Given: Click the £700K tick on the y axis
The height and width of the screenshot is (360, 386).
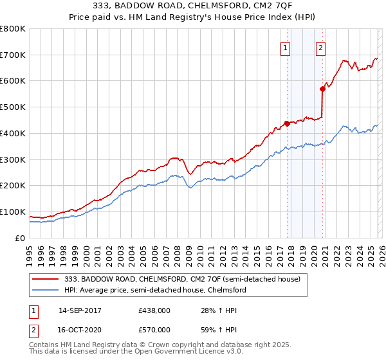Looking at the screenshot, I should pos(13,55).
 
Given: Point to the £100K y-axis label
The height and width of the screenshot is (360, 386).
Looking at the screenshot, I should pos(13,212).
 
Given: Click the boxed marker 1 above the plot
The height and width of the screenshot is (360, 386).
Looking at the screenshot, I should pos(285,46).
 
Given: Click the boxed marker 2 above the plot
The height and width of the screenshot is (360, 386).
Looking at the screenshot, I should pos(320,46).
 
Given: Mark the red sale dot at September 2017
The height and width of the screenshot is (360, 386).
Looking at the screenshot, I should pos(287,123).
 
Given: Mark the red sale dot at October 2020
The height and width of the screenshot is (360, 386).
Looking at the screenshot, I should pos(322,89).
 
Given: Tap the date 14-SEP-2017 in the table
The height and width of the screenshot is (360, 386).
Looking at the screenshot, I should pos(80,310).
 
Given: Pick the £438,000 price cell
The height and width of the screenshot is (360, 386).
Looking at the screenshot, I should pos(154,310).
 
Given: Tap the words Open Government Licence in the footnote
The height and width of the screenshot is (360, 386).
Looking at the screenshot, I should pos(162,352).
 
